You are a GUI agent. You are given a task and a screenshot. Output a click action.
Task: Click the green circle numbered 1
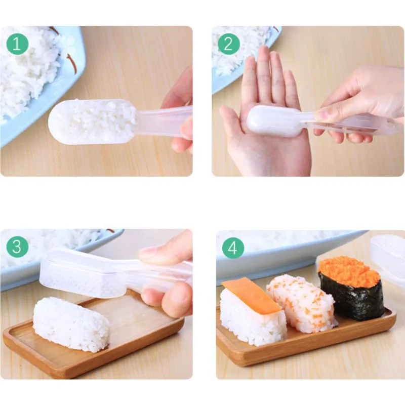[17, 44]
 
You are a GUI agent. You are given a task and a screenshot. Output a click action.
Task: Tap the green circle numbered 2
[229, 44]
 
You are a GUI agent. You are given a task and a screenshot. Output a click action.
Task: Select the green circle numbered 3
[17, 247]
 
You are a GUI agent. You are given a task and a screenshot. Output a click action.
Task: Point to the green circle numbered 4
[233, 248]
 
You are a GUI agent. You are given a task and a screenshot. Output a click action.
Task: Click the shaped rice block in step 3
[71, 324]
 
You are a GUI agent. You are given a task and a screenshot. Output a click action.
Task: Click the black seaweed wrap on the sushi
[352, 297]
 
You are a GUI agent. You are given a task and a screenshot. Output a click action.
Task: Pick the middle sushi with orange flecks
[301, 303]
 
